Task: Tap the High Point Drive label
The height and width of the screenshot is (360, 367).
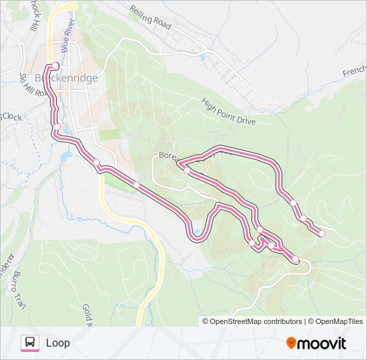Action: pos(229,111)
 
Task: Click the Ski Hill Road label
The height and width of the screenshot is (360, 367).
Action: pos(34,85)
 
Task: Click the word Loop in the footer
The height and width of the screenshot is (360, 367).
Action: pos(58,343)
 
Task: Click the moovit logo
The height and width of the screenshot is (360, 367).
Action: pos(316,343)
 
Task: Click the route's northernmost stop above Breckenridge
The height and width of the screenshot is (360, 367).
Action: pos(56,65)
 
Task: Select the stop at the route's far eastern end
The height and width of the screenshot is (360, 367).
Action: pos(322,233)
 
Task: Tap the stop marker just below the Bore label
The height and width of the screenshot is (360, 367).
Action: pos(187,171)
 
